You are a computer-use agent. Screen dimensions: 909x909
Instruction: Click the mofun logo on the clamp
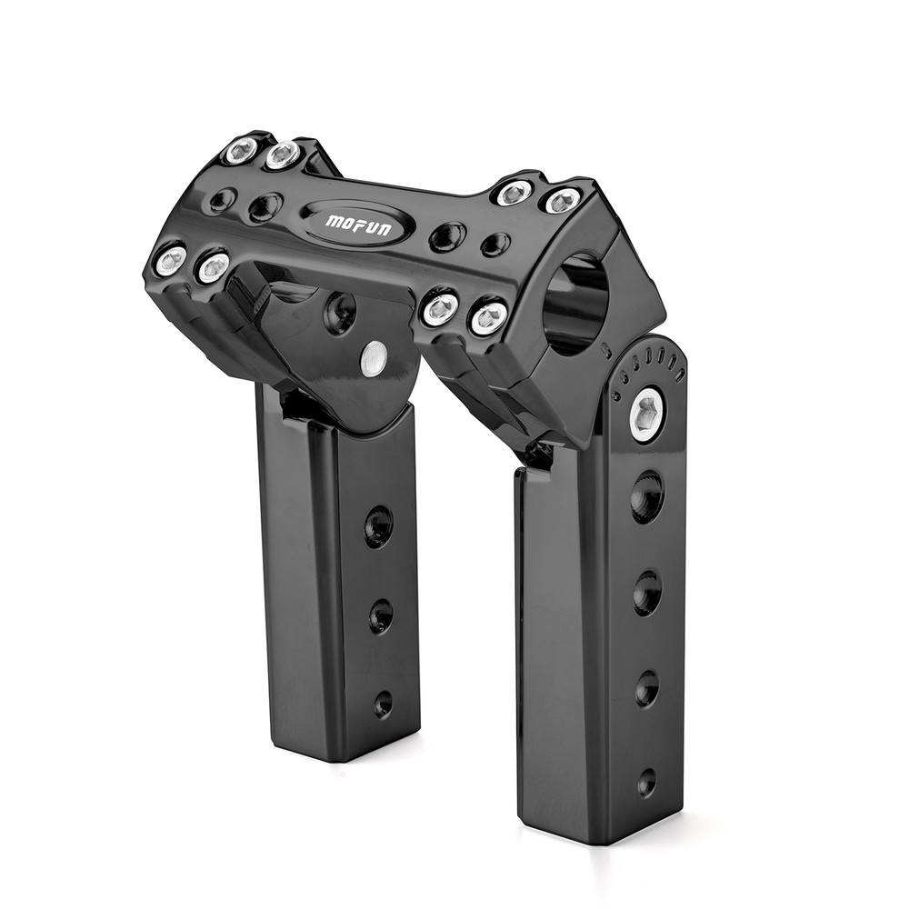pos(358,223)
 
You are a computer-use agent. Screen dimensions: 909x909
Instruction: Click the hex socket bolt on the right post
pos(646,415)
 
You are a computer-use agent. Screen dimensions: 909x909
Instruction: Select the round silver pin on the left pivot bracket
pos(373,358)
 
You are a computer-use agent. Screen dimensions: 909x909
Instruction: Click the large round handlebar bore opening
pos(575,304)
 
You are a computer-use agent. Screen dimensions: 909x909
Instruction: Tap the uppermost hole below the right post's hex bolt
pos(647,496)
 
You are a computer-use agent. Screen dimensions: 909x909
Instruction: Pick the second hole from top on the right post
pos(647,593)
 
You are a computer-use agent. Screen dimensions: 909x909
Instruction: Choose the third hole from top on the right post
pos(646,688)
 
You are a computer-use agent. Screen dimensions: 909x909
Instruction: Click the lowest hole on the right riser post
pos(646,782)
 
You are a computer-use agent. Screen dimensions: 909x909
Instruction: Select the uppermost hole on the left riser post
pos(378,526)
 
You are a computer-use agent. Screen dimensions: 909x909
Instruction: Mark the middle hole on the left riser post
pos(381,616)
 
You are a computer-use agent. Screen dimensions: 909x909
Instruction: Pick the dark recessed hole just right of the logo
pos(447,237)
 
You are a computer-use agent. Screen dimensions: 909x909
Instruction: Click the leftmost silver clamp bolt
pos(170,261)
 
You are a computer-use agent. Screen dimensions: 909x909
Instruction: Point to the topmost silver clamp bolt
pos(242,150)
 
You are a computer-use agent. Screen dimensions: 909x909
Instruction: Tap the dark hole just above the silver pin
pos(341,313)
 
